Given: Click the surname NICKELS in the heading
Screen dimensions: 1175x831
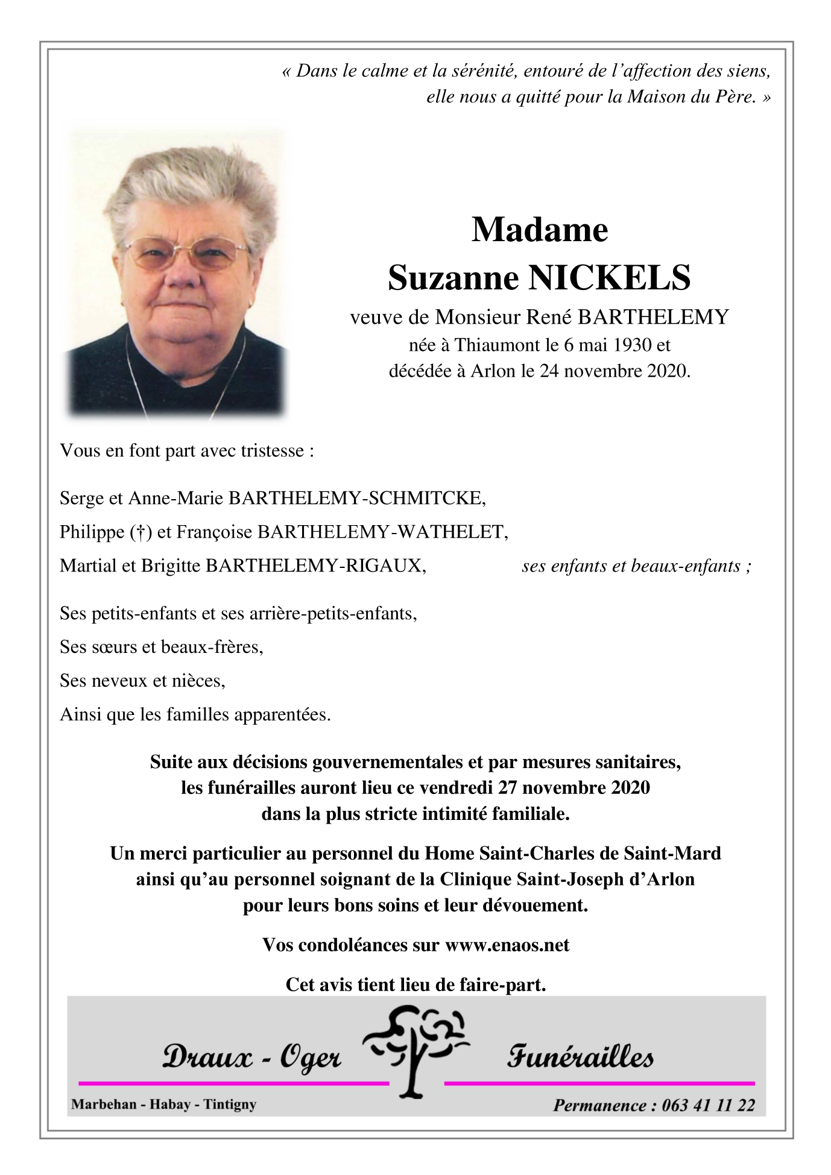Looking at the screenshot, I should (609, 278).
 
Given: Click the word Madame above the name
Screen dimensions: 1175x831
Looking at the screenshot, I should (540, 230).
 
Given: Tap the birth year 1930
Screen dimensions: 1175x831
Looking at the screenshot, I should (633, 345).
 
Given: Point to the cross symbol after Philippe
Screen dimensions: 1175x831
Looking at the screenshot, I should (141, 532).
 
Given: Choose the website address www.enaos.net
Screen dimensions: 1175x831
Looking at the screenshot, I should (507, 945).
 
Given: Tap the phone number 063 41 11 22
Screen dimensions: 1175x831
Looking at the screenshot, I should (708, 1105).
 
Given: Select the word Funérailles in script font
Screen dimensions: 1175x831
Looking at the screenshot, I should (580, 1057).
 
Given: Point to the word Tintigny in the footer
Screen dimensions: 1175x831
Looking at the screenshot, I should (230, 1104).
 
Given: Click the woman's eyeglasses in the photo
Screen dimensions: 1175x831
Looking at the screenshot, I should (186, 253).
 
